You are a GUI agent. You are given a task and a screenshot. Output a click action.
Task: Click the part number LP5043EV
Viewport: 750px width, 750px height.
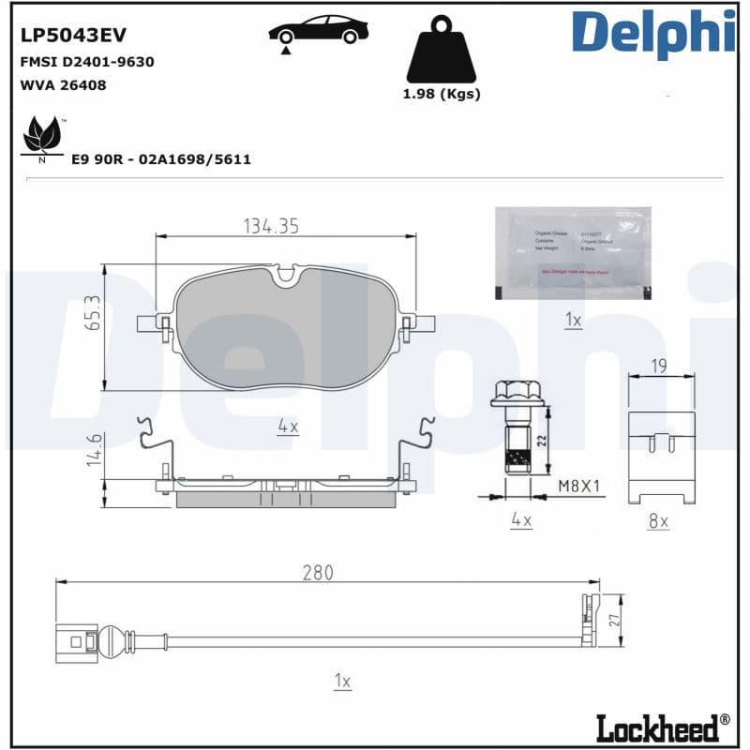click(x=73, y=35)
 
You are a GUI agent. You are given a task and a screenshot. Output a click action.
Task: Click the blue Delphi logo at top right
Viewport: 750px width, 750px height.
click(x=653, y=32)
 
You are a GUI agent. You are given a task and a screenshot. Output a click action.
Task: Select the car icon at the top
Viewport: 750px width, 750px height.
click(x=318, y=30)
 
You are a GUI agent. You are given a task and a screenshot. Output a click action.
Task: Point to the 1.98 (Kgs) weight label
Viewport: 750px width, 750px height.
click(x=442, y=94)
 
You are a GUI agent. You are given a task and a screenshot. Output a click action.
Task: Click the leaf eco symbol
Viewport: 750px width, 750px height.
click(x=41, y=137)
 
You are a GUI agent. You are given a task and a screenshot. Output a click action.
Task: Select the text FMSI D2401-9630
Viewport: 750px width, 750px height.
click(x=86, y=61)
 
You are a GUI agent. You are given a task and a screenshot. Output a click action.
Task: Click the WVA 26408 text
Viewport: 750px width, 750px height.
click(x=63, y=84)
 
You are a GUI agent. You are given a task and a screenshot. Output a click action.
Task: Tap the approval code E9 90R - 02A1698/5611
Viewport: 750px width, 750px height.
click(x=161, y=159)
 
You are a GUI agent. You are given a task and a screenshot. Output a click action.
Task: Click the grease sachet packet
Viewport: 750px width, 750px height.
click(x=573, y=252)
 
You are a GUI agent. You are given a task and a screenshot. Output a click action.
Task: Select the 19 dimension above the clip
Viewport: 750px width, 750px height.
click(x=659, y=367)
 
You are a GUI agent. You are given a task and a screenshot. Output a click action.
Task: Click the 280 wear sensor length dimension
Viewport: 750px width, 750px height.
click(x=317, y=572)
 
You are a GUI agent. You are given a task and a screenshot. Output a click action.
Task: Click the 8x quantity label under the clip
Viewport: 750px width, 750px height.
click(x=658, y=520)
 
